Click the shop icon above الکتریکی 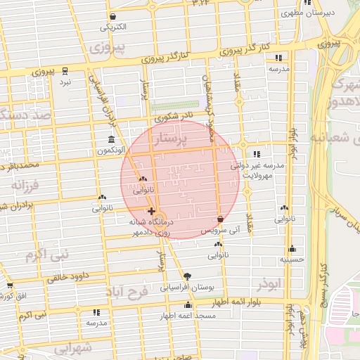(113, 16)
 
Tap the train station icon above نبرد (65, 71)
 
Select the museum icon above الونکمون (110, 139)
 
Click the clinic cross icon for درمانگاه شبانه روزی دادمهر (151, 211)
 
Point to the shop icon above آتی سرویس (221, 219)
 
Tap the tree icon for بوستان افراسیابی (186, 276)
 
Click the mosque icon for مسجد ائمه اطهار (188, 304)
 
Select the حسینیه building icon (292, 248)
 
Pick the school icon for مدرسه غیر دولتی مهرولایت (256, 154)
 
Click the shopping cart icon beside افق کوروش (9, 285)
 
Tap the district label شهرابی (73, 348)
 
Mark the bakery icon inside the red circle (143, 179)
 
